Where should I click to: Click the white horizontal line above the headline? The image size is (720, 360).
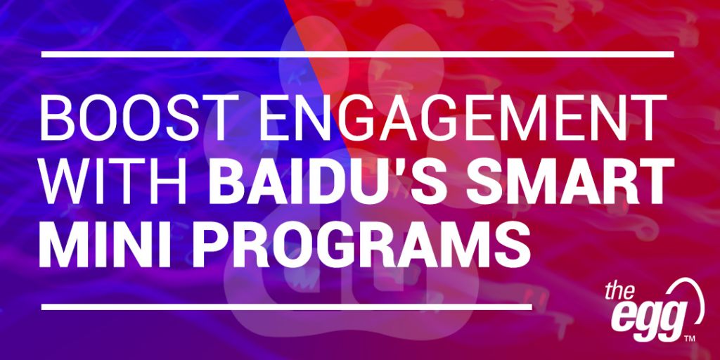[x=358, y=54]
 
